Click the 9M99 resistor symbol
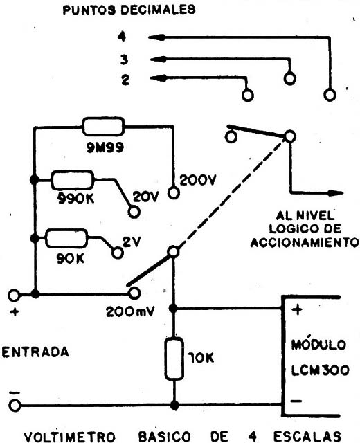click(x=103, y=127)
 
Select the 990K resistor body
click(x=72, y=180)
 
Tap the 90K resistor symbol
click(x=66, y=238)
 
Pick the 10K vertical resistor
click(x=174, y=359)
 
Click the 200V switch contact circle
click(x=174, y=193)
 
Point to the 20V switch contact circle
click(x=134, y=212)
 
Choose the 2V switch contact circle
click(x=117, y=253)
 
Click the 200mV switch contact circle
click(x=134, y=293)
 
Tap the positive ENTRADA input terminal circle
click(x=14, y=296)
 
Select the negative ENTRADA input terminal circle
click(x=15, y=406)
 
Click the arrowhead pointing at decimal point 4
click(x=156, y=37)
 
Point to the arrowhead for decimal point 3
click(x=158, y=60)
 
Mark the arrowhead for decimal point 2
click(x=158, y=78)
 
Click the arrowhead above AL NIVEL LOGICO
click(x=336, y=193)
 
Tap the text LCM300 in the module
click(x=320, y=370)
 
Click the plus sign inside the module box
click(x=297, y=309)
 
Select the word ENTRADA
click(x=35, y=352)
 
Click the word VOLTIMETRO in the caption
click(x=69, y=437)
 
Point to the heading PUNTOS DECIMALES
click(x=129, y=10)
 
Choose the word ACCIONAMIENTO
click(x=305, y=243)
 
